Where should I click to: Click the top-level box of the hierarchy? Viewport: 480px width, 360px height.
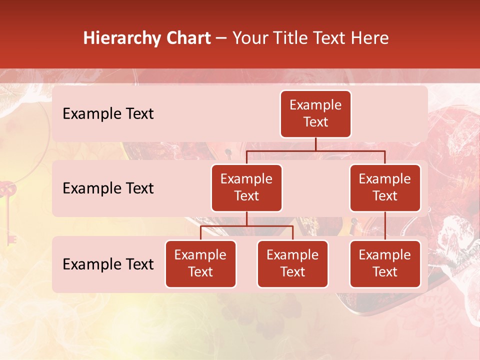(x=315, y=113)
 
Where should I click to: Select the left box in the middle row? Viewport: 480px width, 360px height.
(x=246, y=187)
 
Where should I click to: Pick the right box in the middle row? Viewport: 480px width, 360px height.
(x=385, y=187)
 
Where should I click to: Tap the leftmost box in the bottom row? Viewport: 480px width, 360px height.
(x=200, y=263)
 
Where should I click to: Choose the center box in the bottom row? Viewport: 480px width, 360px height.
(x=292, y=263)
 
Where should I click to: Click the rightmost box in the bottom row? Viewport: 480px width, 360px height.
(x=385, y=263)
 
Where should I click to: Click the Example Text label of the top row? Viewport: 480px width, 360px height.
(x=108, y=113)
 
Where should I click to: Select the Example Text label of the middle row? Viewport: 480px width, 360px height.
(x=108, y=188)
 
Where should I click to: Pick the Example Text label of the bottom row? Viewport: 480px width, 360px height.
(x=108, y=264)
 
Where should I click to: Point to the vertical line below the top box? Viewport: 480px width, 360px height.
(x=315, y=143)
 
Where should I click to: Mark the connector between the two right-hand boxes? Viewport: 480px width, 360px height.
(x=385, y=225)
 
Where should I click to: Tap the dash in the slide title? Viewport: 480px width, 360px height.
(x=221, y=38)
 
